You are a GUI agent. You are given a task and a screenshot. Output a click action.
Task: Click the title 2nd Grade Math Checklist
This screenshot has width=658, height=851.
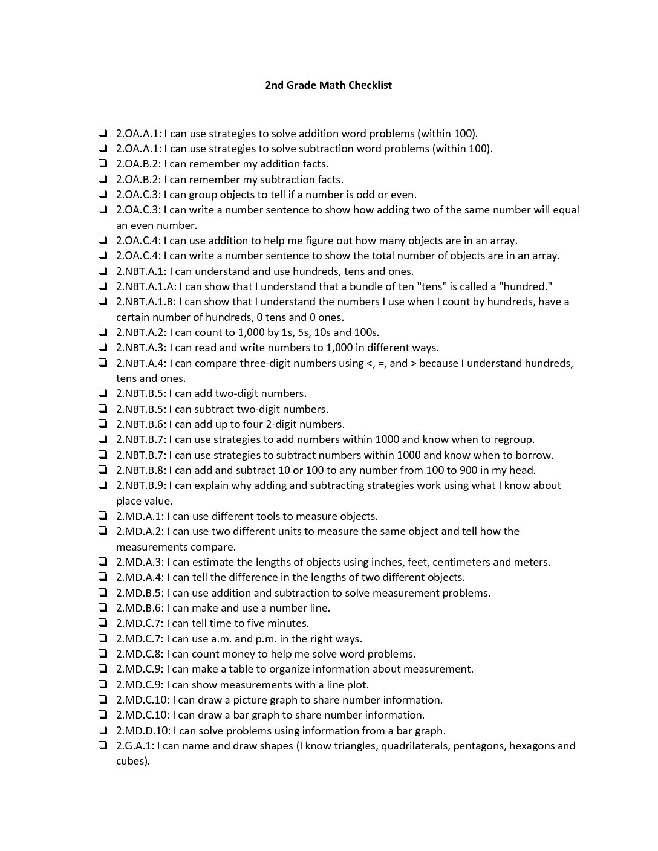point(328,85)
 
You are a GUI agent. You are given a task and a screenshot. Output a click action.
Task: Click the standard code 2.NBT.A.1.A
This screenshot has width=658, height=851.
point(146,286)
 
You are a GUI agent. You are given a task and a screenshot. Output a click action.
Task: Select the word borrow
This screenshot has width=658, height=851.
point(532,455)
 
